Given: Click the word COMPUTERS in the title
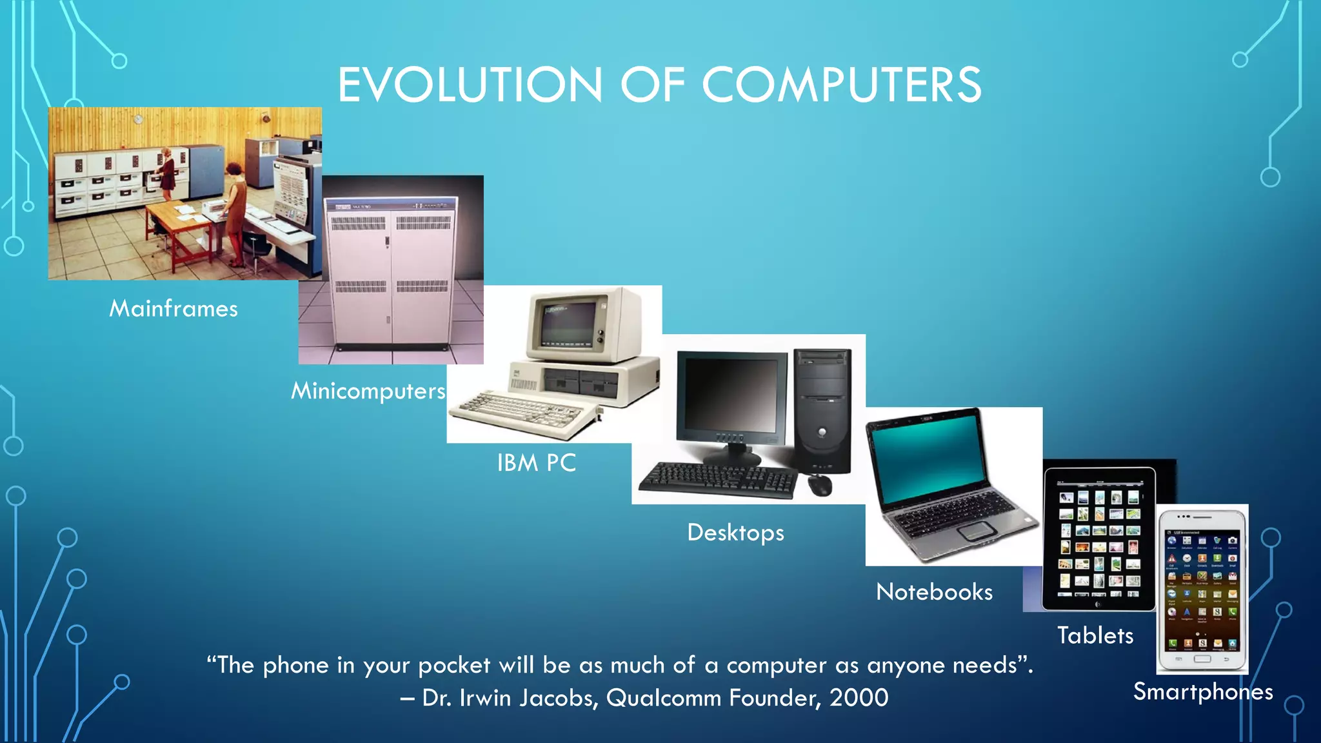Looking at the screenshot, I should click(841, 85).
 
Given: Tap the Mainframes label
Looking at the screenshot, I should click(174, 309).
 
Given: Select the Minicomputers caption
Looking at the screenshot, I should click(368, 391).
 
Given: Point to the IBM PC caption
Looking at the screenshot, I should click(536, 463).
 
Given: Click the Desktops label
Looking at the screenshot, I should click(735, 533).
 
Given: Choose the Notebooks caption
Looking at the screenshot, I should click(934, 592).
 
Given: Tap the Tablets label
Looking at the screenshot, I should click(1095, 636).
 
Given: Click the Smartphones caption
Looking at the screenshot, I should click(1203, 692).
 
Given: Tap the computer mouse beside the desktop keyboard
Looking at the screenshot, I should click(819, 484).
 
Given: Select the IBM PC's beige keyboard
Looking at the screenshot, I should click(522, 413).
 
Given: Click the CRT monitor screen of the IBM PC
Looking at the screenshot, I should click(567, 322).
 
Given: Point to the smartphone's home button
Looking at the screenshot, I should click(1202, 659).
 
